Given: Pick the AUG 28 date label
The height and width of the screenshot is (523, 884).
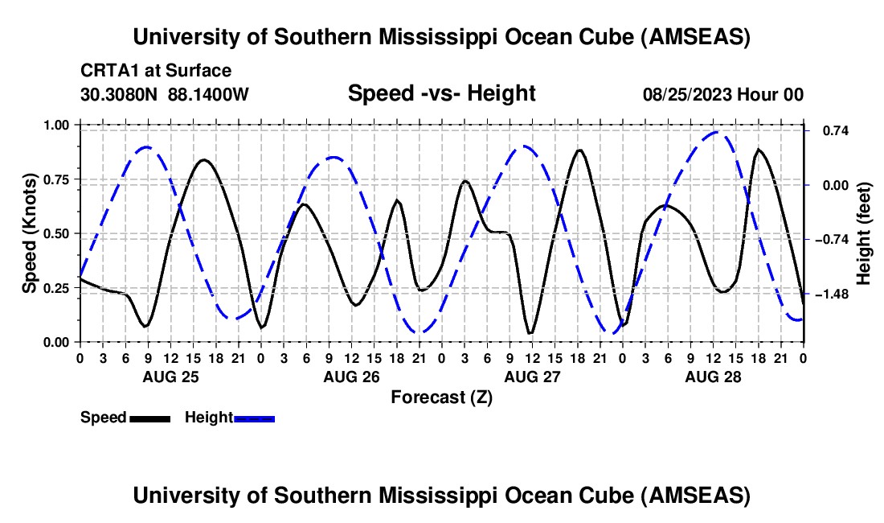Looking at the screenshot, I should [712, 377].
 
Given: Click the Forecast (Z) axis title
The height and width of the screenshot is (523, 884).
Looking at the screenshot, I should [441, 397].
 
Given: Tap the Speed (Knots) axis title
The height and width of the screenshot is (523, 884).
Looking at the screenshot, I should [29, 233].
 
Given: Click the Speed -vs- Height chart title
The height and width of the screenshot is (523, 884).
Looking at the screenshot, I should [441, 93].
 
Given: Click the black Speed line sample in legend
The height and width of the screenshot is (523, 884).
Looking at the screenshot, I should [149, 418].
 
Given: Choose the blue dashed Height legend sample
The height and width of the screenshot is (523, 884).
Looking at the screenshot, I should [255, 418].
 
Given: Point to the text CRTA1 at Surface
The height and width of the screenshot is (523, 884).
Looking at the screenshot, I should [156, 71].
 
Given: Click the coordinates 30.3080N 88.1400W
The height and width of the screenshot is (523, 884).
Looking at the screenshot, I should [165, 94].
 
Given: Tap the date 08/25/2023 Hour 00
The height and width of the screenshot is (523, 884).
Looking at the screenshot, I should [723, 94].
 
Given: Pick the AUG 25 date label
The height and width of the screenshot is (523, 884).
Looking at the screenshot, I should [170, 377].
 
